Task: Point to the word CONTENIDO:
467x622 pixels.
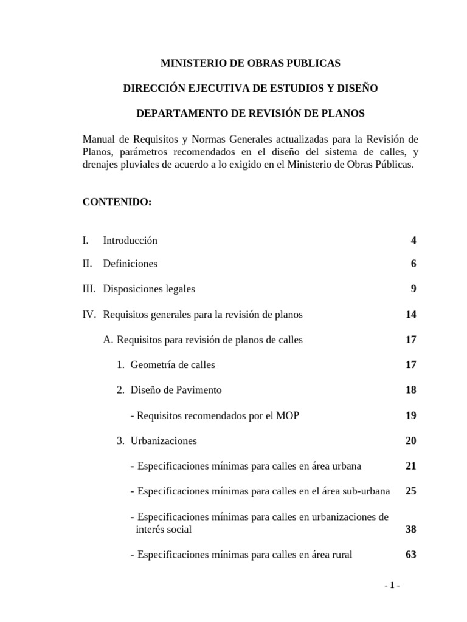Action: click(x=117, y=202)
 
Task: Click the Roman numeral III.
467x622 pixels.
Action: click(x=89, y=289)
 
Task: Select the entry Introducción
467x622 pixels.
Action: click(x=130, y=241)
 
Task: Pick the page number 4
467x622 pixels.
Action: click(x=413, y=241)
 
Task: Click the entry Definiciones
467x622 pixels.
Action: click(x=130, y=264)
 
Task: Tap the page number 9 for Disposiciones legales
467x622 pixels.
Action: click(x=413, y=289)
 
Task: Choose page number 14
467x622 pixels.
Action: click(x=410, y=315)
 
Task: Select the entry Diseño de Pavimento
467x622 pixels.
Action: click(x=176, y=390)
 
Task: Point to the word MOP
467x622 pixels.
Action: click(x=289, y=415)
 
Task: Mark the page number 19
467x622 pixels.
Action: click(x=410, y=415)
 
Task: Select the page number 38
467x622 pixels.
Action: click(x=410, y=529)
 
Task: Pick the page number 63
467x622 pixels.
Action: click(x=410, y=555)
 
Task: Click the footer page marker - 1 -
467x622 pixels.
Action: click(x=392, y=586)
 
